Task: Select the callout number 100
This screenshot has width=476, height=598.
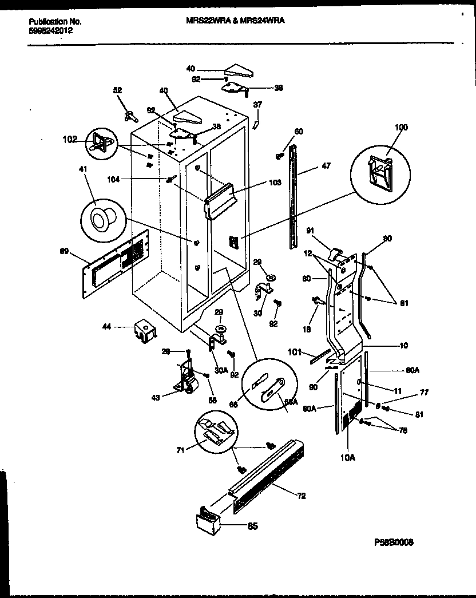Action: [401, 128]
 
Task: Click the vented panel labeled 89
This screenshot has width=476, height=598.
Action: [116, 263]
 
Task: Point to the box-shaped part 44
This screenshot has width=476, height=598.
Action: [145, 331]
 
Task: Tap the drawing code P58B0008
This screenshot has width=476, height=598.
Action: [393, 542]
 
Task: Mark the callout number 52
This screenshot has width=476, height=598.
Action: [117, 90]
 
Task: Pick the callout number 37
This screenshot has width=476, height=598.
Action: [257, 105]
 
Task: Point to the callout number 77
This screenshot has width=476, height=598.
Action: [425, 393]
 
